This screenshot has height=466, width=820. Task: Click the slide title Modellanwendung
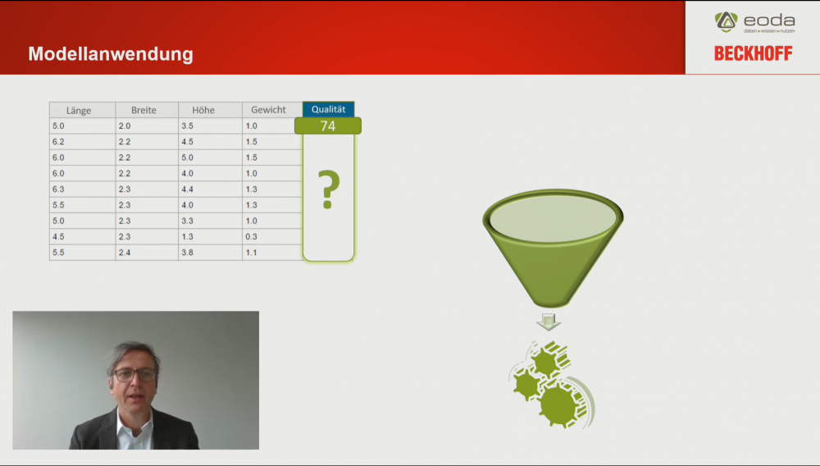pyautogui.click(x=111, y=54)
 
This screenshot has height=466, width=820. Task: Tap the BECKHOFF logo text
pyautogui.click(x=753, y=53)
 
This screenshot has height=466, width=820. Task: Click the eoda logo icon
pyautogui.click(x=726, y=22)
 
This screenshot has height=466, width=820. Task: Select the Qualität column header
pyautogui.click(x=329, y=109)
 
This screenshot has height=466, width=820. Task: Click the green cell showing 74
pyautogui.click(x=328, y=126)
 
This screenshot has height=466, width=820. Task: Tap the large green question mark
pyautogui.click(x=329, y=190)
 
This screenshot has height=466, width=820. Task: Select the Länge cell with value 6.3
pyautogui.click(x=82, y=190)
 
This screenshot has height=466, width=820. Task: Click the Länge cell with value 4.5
pyautogui.click(x=82, y=236)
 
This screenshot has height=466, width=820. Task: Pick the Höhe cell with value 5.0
pyautogui.click(x=210, y=158)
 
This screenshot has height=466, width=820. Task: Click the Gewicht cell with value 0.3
pyautogui.click(x=272, y=236)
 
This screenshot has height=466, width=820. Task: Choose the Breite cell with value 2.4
pyautogui.click(x=147, y=253)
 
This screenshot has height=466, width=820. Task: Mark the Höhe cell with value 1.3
pyautogui.click(x=210, y=236)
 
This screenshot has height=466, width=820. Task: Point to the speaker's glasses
pyautogui.click(x=135, y=374)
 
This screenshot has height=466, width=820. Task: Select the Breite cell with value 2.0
pyautogui.click(x=147, y=126)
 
